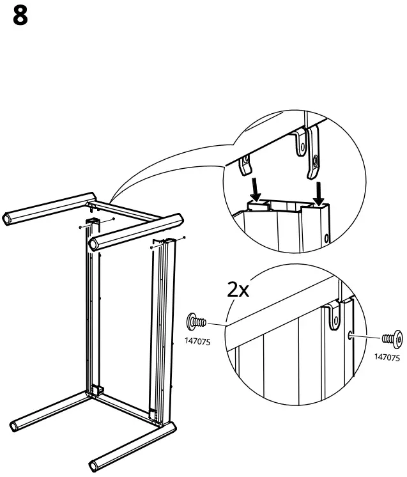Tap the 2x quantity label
[x=238, y=291]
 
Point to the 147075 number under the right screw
[x=387, y=357]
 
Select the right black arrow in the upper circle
[x=319, y=191]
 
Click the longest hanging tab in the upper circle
[x=312, y=153]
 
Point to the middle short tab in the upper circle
[x=298, y=145]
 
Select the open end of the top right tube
[x=95, y=242]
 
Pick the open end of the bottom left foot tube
[x=17, y=425]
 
